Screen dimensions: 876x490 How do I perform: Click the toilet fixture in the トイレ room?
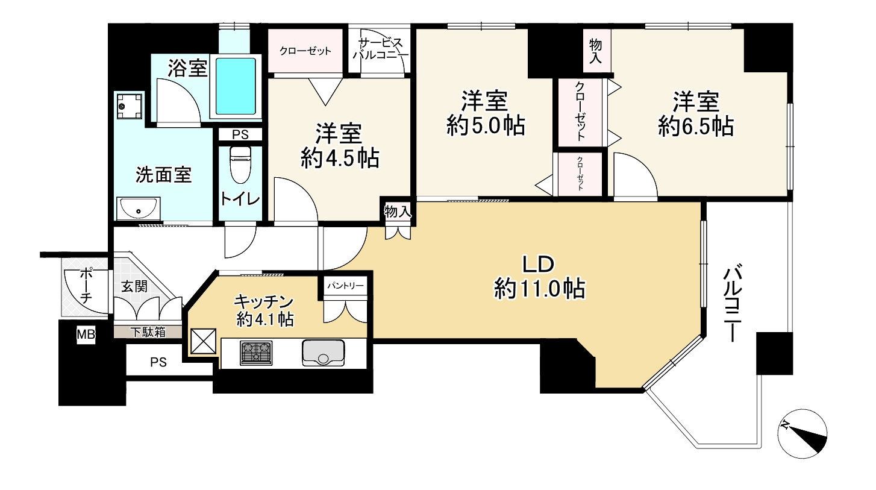240,165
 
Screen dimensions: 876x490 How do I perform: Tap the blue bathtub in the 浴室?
236,86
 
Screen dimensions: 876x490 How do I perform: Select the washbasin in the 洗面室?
139,208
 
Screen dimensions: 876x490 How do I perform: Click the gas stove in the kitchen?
257,353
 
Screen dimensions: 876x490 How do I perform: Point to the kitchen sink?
323,353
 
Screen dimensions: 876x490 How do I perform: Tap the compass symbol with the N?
802,433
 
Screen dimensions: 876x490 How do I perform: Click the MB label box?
86,335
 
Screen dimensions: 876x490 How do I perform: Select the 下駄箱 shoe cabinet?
148,332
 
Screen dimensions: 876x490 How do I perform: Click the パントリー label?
345,286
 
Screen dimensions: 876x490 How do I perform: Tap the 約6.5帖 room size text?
696,126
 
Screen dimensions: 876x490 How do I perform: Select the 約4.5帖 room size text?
339,159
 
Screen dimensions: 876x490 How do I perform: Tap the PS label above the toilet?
240,134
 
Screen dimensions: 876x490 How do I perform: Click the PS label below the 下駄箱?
158,362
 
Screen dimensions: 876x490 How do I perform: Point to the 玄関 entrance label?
134,286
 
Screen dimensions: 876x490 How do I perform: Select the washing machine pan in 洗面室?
130,105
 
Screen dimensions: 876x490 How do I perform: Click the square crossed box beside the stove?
204,341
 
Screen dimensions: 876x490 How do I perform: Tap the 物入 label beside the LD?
398,212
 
